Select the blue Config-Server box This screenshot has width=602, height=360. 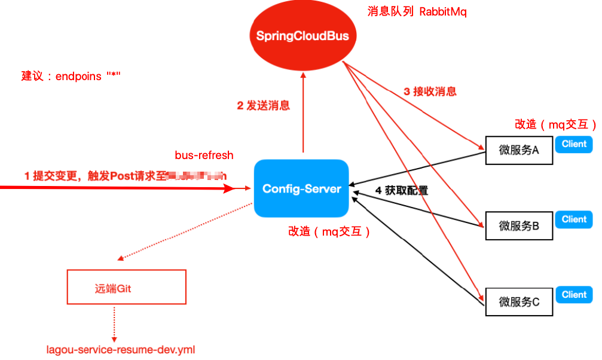click(301, 188)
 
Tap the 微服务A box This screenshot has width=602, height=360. click(519, 150)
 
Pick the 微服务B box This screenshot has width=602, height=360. click(519, 226)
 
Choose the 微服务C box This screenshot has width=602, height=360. click(519, 302)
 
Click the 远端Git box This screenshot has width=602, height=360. click(127, 288)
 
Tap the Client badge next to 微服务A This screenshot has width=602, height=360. click(574, 144)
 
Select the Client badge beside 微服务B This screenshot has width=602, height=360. click(574, 219)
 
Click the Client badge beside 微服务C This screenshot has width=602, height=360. click(574, 295)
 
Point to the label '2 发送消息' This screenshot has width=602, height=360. click(264, 106)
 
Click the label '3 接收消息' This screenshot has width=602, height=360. click(430, 91)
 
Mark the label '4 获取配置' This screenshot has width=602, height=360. click(402, 191)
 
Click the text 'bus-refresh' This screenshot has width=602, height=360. click(204, 155)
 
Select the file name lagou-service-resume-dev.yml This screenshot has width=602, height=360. click(121, 349)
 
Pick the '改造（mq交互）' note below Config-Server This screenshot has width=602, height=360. click(329, 231)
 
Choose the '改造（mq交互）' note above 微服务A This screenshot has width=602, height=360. click(555, 124)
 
